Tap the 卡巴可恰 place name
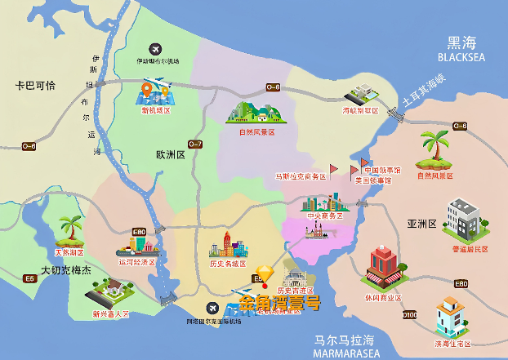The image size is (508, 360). coord(39,86)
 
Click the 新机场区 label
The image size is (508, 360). coord(156,109)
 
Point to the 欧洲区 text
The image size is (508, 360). coord(171,154)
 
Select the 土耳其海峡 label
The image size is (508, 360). coord(424,95)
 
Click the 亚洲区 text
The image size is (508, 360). coord(423,223)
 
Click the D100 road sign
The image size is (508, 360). coord(409,314)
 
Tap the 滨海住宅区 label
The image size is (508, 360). coord(452,344)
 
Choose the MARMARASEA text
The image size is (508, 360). coord(345,353)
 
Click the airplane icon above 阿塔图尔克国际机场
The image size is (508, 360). coord(213,308)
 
